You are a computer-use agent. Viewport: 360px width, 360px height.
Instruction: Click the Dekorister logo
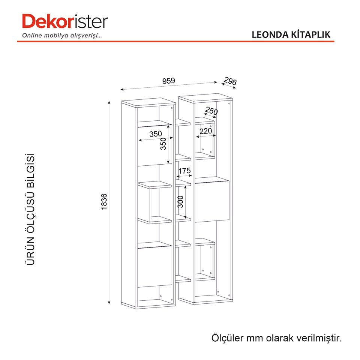tap(65, 21)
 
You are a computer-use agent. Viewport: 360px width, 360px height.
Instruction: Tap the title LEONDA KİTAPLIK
tap(291, 34)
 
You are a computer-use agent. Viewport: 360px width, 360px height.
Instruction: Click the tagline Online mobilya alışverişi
tap(62, 36)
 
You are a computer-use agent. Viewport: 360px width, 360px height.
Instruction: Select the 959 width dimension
tap(169, 81)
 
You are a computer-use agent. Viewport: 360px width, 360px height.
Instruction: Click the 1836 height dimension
tap(104, 201)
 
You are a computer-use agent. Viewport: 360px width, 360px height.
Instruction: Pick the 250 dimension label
tap(211, 111)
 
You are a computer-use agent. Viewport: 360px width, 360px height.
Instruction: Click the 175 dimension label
tap(184, 171)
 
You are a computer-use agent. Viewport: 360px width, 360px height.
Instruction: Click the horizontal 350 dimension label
tap(155, 134)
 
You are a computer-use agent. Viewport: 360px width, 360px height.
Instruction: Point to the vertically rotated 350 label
tap(163, 144)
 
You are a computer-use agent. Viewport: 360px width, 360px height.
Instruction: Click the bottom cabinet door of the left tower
tap(154, 265)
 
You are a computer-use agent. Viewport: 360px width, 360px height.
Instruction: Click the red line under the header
tap(175, 41)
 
